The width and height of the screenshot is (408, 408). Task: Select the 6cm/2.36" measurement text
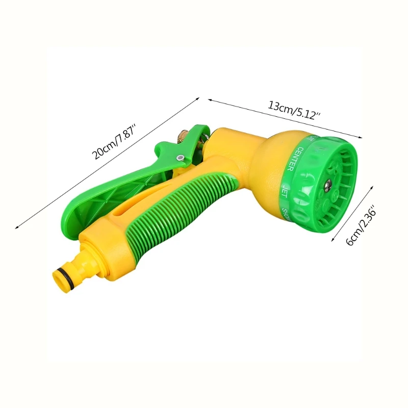[360, 226]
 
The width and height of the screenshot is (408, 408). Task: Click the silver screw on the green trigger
[180, 159]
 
